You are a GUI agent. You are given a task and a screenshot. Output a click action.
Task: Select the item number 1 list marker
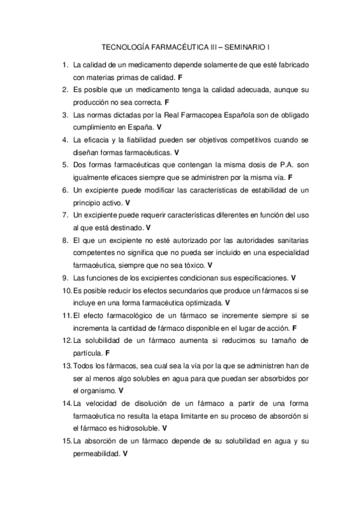click(65, 64)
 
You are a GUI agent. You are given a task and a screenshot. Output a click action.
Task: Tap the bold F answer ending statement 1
click(180, 78)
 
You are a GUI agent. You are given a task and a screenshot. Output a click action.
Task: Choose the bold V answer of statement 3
click(159, 127)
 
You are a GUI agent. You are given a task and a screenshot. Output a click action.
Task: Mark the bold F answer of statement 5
click(290, 177)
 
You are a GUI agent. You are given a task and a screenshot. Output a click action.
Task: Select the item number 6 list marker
click(65, 190)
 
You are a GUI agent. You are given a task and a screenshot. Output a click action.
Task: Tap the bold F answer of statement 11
click(294, 328)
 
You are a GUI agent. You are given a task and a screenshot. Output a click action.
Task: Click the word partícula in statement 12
click(87, 353)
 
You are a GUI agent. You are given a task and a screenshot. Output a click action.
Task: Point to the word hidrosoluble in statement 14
click(140, 429)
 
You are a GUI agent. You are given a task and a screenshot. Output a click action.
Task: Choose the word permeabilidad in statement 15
click(96, 454)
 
